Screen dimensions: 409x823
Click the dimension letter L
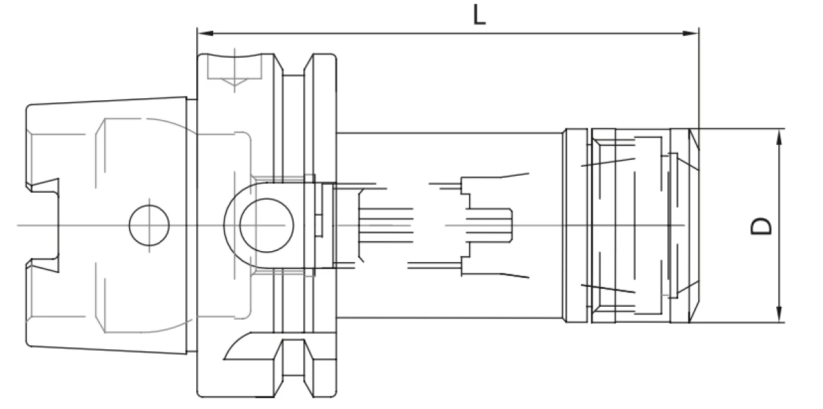coord(479,15)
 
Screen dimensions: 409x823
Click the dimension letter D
coord(761,226)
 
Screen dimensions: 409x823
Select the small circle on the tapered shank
coord(149,225)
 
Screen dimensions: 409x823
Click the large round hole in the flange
coord(266,225)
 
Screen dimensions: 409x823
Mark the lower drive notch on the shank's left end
coord(43,265)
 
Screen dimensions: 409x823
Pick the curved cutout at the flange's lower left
coord(239,346)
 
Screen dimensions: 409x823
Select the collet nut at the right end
coord(631,225)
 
